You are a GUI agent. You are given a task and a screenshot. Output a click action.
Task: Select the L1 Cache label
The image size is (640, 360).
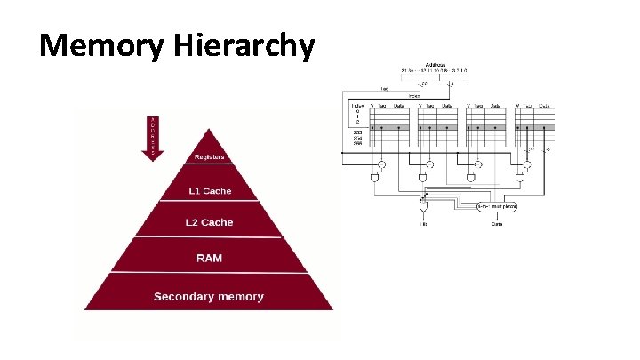210,191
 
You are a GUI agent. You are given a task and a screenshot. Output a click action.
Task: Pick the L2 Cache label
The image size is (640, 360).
210,222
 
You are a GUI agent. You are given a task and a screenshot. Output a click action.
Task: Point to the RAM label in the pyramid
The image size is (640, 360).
210,258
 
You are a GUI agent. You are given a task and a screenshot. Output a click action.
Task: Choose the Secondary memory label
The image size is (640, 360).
209,296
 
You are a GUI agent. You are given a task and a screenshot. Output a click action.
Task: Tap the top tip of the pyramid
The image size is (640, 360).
211,130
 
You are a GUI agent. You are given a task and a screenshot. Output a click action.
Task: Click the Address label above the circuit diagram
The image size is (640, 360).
436,65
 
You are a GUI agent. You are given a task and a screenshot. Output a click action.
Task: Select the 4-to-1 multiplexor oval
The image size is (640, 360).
497,206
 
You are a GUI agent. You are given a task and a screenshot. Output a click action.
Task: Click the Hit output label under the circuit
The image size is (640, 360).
424,224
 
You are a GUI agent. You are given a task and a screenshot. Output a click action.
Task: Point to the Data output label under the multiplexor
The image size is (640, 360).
497,224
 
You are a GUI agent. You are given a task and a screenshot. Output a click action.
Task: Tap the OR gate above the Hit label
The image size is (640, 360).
423,206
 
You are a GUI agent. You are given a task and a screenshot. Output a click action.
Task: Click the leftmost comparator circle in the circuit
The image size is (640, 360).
381,164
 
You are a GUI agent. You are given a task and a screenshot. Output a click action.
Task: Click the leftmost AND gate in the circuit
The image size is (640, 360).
377,178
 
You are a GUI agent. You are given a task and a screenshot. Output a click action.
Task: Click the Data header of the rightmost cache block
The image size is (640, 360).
543,106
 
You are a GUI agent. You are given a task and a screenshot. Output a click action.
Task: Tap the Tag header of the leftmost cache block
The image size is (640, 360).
382,106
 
